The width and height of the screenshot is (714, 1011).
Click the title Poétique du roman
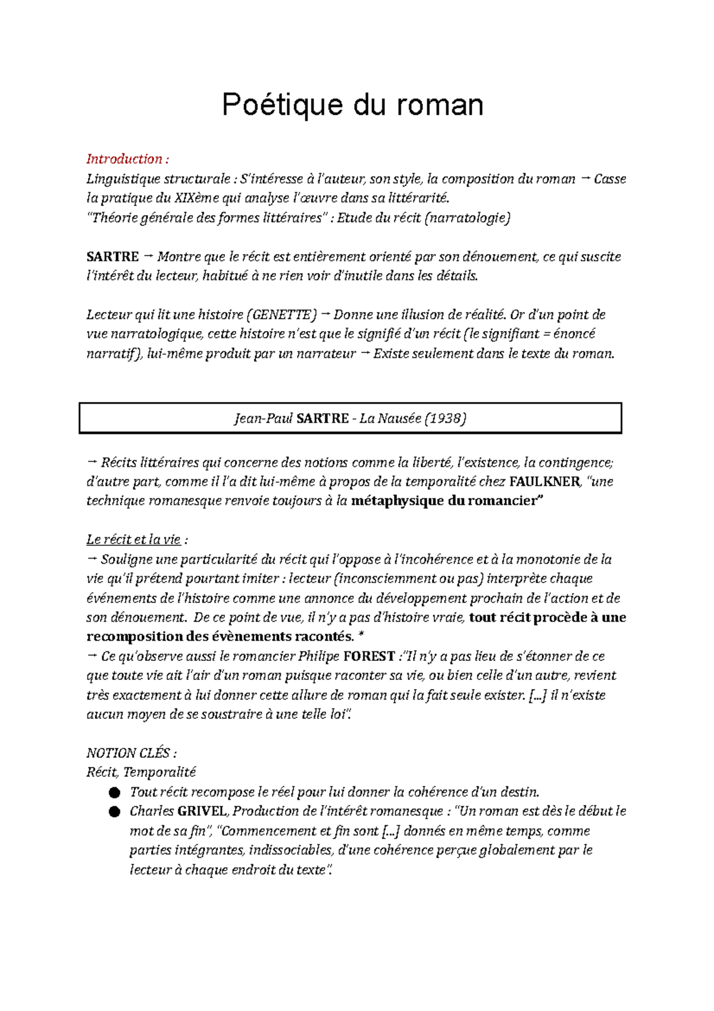(352, 105)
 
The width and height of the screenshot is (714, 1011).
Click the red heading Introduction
(126, 159)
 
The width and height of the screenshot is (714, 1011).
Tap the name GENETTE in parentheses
(281, 315)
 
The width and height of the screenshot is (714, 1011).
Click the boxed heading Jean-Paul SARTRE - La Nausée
(350, 418)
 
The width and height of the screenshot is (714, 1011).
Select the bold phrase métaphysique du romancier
(447, 501)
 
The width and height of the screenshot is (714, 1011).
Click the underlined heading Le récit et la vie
(133, 539)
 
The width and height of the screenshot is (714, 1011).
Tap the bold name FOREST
(369, 656)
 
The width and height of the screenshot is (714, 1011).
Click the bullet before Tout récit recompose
(114, 792)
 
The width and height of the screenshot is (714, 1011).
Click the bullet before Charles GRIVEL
(114, 812)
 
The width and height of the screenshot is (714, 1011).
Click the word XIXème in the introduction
(196, 198)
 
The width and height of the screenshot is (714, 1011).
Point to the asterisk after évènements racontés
(361, 636)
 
